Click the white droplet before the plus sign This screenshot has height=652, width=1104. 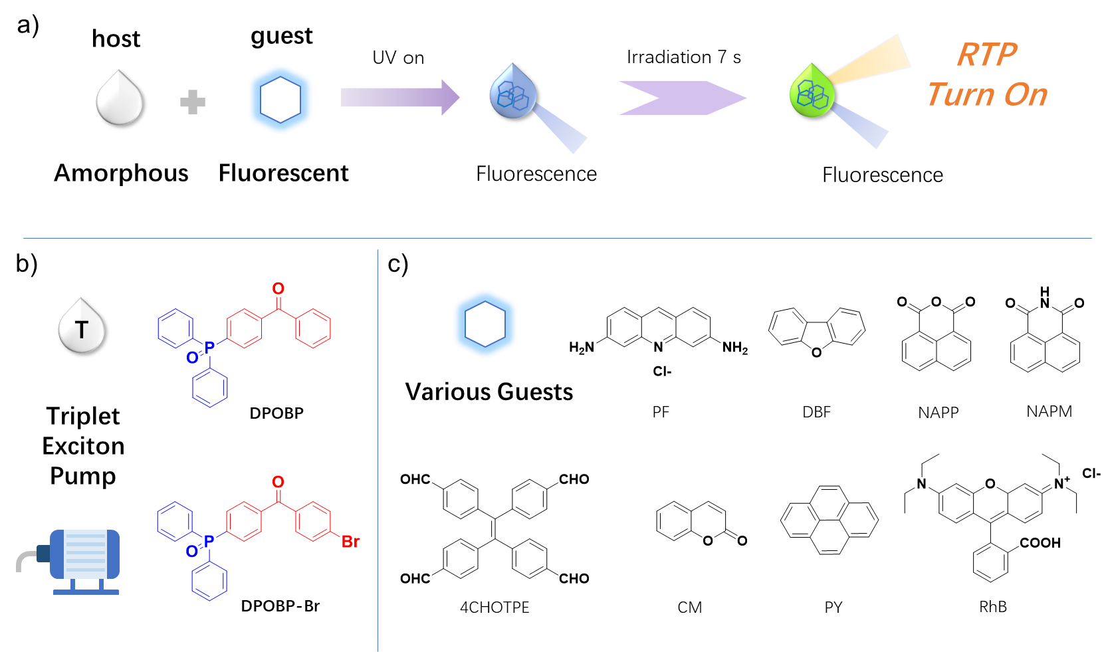pos(120,100)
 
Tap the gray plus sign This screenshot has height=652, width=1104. pos(193,102)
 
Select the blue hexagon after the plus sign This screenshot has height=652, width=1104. pos(280,100)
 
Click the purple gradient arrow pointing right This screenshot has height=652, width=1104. pos(399,97)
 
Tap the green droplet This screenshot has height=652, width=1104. pos(812,93)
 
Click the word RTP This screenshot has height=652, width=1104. pos(986,54)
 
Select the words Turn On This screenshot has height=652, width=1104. pos(987,94)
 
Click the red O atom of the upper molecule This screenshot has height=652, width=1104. pos(278,288)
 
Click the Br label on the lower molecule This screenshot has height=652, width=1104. pos(350,542)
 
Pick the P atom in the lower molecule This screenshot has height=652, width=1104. pos(209,541)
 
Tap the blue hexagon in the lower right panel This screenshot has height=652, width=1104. pos(485,324)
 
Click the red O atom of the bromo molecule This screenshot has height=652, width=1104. pos(278,482)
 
